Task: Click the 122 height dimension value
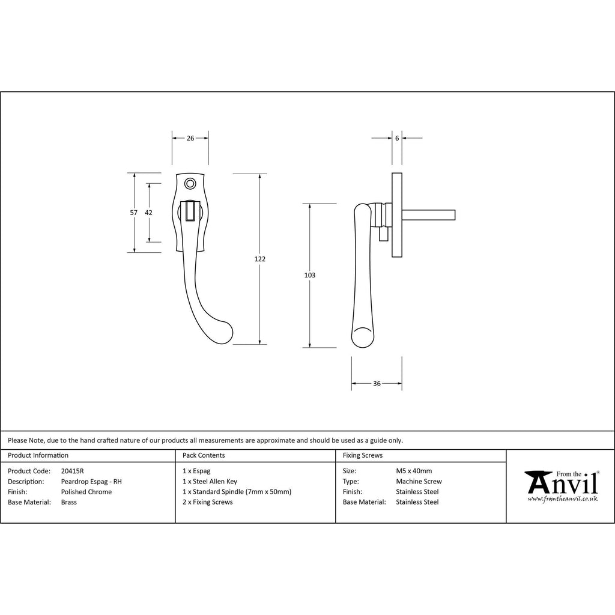point(260,259)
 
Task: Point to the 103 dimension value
point(310,276)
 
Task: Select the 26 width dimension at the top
point(190,138)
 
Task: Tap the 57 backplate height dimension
point(133,213)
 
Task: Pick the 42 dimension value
point(149,213)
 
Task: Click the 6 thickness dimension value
point(397,138)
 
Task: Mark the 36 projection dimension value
point(377,383)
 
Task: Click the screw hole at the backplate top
point(190,183)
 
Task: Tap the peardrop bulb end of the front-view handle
point(224,333)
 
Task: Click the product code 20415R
point(73,471)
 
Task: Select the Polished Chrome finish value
point(86,492)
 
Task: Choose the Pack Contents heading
point(204,455)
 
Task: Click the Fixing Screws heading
point(362,455)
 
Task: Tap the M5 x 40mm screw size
point(414,471)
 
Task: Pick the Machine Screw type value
point(419,482)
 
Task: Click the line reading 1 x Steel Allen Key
point(210,482)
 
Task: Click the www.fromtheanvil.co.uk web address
point(562,498)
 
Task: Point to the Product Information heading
point(38,455)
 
